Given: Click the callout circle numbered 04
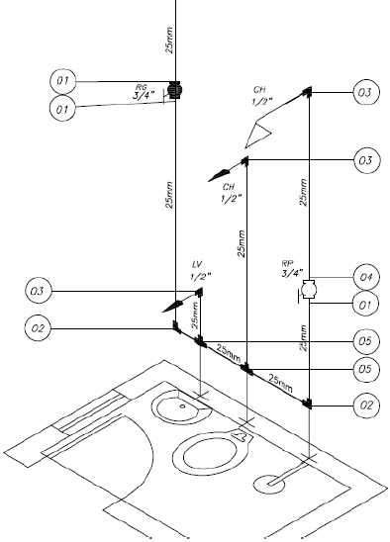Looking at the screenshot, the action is click(366, 277).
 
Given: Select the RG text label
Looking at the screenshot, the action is click(142, 87).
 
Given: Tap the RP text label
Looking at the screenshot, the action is click(287, 264).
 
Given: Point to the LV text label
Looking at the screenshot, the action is click(197, 265).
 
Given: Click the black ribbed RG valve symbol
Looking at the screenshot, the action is click(174, 91).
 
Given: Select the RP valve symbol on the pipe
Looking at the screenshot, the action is click(309, 290).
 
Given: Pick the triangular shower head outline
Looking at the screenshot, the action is click(257, 135).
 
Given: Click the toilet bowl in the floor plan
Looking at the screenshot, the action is click(210, 456).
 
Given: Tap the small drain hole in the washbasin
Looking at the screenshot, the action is click(183, 406).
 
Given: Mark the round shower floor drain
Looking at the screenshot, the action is click(269, 484).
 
